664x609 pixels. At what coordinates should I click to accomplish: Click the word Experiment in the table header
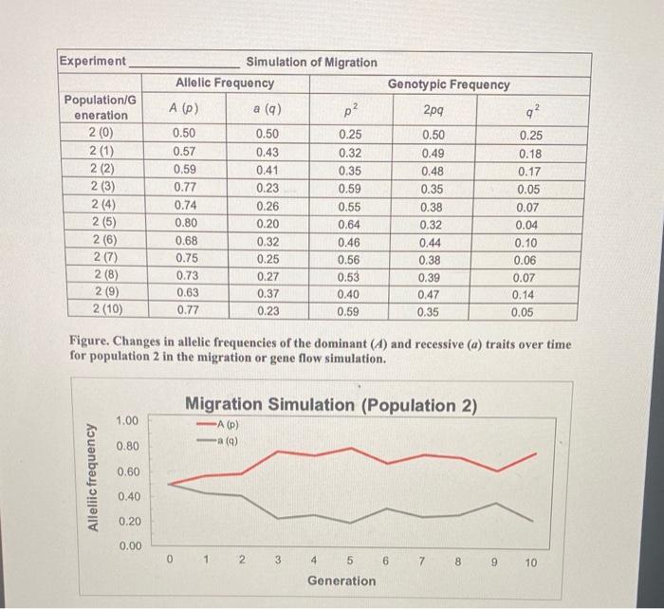(x=92, y=62)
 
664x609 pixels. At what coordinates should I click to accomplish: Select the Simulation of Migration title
(x=311, y=63)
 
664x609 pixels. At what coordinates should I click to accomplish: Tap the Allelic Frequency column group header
(x=225, y=84)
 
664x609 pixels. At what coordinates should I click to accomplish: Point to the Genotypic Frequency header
(x=449, y=84)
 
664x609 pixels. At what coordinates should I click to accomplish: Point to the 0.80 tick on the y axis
(x=127, y=446)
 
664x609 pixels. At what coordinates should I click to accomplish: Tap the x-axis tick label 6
(x=385, y=562)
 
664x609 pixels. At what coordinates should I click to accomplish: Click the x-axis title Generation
(x=341, y=581)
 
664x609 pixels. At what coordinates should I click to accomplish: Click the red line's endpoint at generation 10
(x=535, y=454)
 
